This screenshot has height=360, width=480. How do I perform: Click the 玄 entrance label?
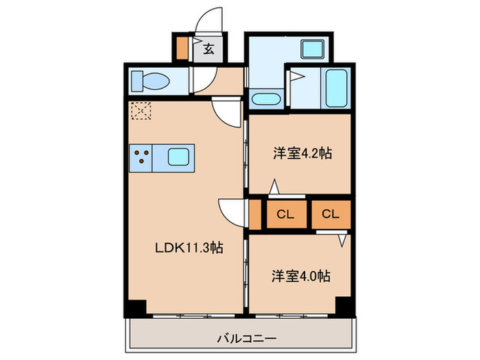click(207, 48)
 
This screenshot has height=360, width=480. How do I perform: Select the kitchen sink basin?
click(178, 158)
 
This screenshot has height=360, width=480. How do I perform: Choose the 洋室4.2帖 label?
click(302, 154)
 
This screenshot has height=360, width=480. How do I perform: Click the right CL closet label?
click(331, 214)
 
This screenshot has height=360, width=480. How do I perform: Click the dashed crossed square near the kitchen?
click(141, 110)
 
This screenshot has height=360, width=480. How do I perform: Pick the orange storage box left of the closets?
click(254, 214)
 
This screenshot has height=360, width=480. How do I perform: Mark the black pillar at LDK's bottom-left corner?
click(135, 309)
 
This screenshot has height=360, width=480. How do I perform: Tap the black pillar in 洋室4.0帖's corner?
click(344, 307)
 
